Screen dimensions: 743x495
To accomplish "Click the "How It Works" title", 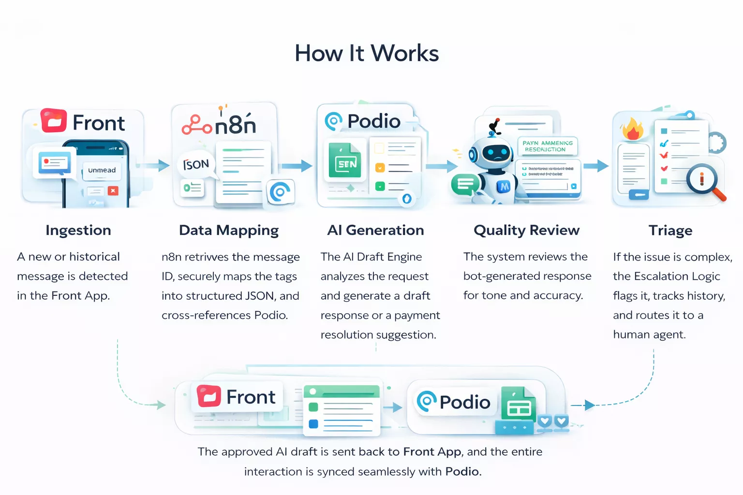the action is (367, 53).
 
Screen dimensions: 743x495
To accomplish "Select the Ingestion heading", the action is (78, 230).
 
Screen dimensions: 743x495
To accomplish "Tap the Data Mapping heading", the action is (229, 230).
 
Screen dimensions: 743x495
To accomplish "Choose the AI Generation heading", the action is (375, 230).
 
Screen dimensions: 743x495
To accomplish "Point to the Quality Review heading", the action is (526, 230).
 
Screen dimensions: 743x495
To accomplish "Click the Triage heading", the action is (670, 230).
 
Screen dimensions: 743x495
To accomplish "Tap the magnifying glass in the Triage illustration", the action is (703, 180).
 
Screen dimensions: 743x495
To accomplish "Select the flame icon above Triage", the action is (632, 129).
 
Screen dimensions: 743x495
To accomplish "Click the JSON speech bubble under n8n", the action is (196, 165).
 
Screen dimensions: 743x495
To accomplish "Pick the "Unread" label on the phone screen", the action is (102, 170).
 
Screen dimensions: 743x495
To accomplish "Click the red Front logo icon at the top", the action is (53, 121).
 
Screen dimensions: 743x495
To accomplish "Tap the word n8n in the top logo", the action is (235, 125).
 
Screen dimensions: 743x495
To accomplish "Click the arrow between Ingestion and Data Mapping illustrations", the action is (157, 166).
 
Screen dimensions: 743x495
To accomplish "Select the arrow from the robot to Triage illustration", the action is (596, 166).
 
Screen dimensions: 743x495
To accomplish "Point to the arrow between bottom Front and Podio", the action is (393, 408).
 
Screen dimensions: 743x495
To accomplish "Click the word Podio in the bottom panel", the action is (464, 402).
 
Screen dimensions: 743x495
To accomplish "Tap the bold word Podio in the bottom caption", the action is (463, 471).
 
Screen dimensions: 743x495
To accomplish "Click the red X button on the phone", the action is (113, 190).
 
